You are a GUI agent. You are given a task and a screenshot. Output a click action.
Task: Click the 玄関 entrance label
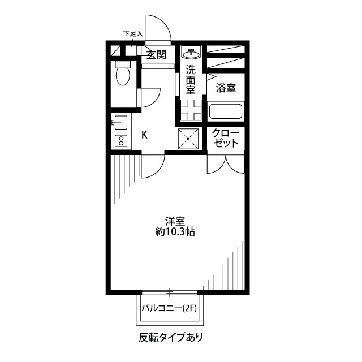pos(156,55)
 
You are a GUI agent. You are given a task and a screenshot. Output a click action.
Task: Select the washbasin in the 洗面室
pos(191,54)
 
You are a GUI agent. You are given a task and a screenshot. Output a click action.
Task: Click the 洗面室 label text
pos(191,80)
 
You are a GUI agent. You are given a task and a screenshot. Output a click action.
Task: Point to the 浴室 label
pos(226,88)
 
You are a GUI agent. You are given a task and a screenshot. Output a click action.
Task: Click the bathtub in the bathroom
pos(226,111)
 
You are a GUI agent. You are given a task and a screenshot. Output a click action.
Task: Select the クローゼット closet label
pos(227,139)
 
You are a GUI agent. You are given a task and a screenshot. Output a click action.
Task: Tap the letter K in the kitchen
pos(144,135)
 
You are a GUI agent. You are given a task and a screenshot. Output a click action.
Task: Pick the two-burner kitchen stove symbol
pos(120,140)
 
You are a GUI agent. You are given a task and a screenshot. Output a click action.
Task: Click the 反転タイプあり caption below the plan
pos(170,338)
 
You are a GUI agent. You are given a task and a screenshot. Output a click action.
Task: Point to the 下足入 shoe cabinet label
pos(133,34)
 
